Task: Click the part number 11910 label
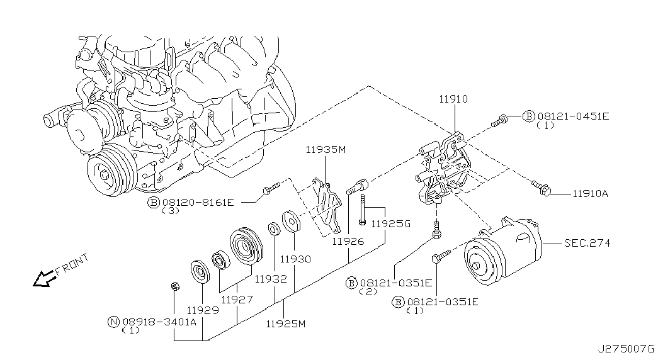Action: pos(453,99)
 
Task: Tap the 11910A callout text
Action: pos(591,193)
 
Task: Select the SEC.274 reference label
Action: pos(587,243)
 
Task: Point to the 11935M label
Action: pos(326,149)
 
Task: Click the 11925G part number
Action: pos(390,223)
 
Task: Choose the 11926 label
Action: pos(348,241)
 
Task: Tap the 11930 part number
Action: pos(296,259)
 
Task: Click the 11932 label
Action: pos(271,279)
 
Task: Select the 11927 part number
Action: pos(237,300)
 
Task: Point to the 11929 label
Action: pos(203,310)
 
